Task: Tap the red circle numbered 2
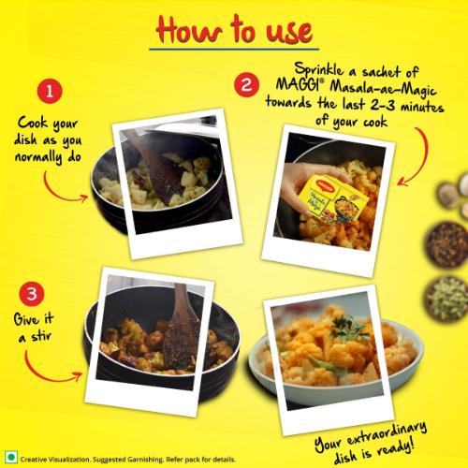point(246,84)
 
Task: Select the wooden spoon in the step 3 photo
point(182,327)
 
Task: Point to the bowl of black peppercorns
point(446,245)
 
